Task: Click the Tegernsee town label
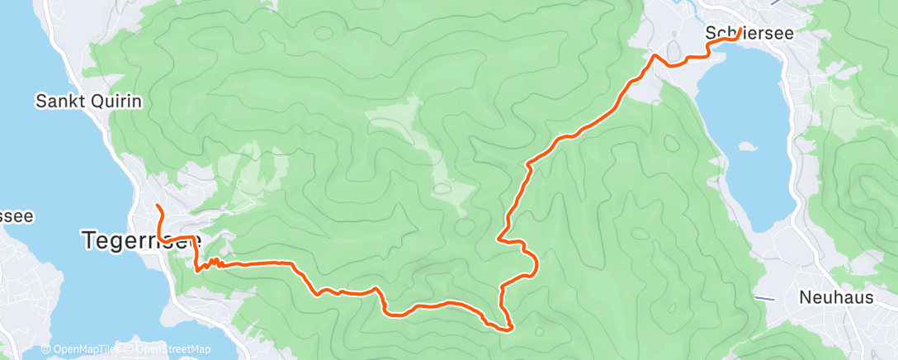(140, 240)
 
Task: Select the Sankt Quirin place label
(89, 102)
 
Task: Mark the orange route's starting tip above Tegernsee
(157, 204)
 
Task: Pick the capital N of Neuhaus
(805, 297)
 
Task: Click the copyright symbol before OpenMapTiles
(47, 350)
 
